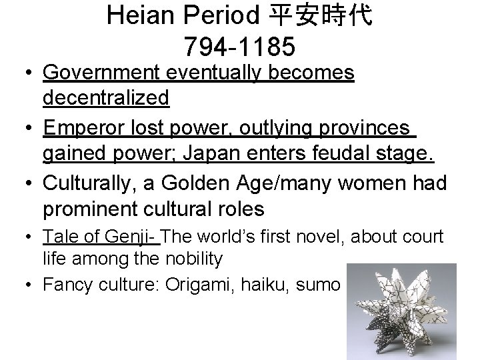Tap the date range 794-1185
tap(239, 47)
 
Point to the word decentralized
tap(106, 99)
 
